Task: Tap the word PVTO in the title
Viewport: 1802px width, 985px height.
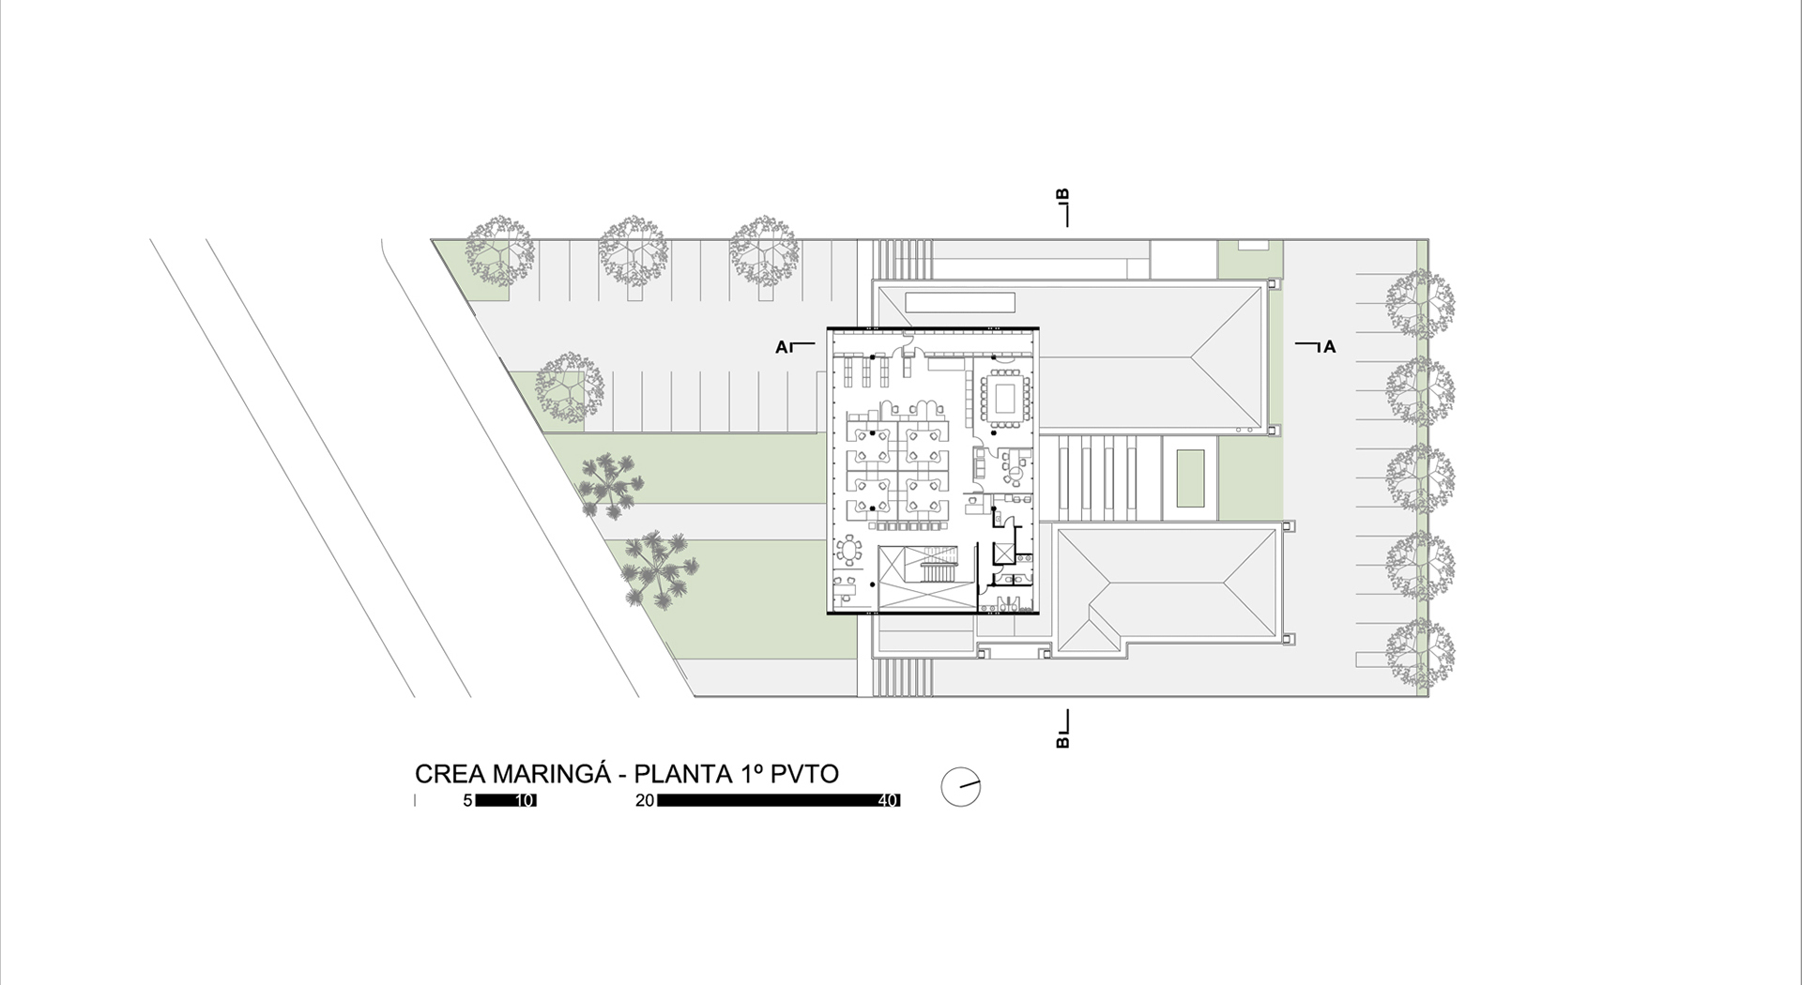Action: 804,774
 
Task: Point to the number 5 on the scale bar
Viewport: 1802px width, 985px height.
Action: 467,800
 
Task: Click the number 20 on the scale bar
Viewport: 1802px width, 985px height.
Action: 645,800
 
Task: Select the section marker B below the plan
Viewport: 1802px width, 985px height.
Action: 1063,741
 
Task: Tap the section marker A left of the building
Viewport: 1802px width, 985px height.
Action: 781,347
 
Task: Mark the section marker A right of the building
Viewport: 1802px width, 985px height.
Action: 1329,347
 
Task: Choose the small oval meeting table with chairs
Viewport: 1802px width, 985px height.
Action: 850,551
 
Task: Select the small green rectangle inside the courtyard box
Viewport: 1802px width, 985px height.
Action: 1190,479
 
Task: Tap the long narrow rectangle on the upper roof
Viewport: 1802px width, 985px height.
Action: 960,303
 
